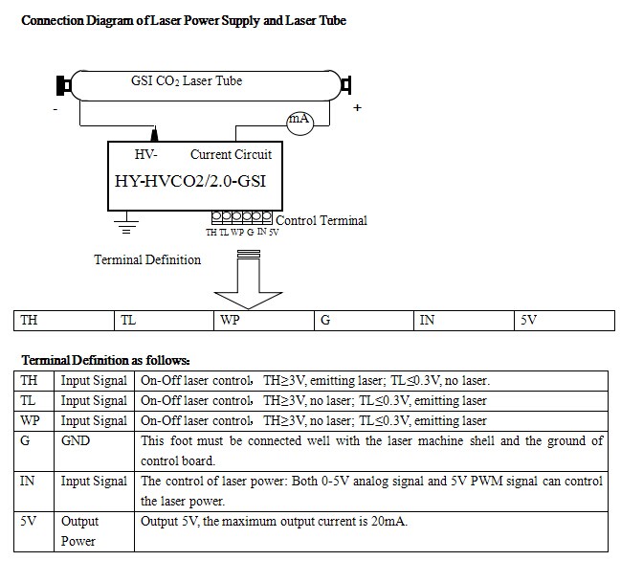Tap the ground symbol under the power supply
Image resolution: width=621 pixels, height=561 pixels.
[126, 223]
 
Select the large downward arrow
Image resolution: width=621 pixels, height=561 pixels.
[249, 280]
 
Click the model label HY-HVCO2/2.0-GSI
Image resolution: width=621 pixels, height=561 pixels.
[190, 181]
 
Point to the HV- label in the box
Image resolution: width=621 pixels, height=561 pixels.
[145, 154]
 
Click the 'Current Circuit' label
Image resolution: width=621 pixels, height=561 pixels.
[231, 154]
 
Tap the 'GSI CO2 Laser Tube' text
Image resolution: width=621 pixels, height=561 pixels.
[187, 80]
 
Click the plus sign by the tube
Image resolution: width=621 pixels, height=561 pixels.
[357, 107]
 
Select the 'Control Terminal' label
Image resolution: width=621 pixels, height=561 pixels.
[322, 220]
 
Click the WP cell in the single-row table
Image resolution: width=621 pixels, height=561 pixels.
[264, 321]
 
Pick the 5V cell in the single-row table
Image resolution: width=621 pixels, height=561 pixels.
[565, 321]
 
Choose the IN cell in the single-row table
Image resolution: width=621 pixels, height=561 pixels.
[464, 321]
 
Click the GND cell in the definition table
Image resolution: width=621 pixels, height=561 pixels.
[95, 451]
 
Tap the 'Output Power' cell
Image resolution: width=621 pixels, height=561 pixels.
[95, 531]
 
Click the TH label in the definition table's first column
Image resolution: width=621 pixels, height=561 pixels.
[29, 380]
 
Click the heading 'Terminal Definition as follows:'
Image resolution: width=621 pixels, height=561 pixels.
[106, 360]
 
